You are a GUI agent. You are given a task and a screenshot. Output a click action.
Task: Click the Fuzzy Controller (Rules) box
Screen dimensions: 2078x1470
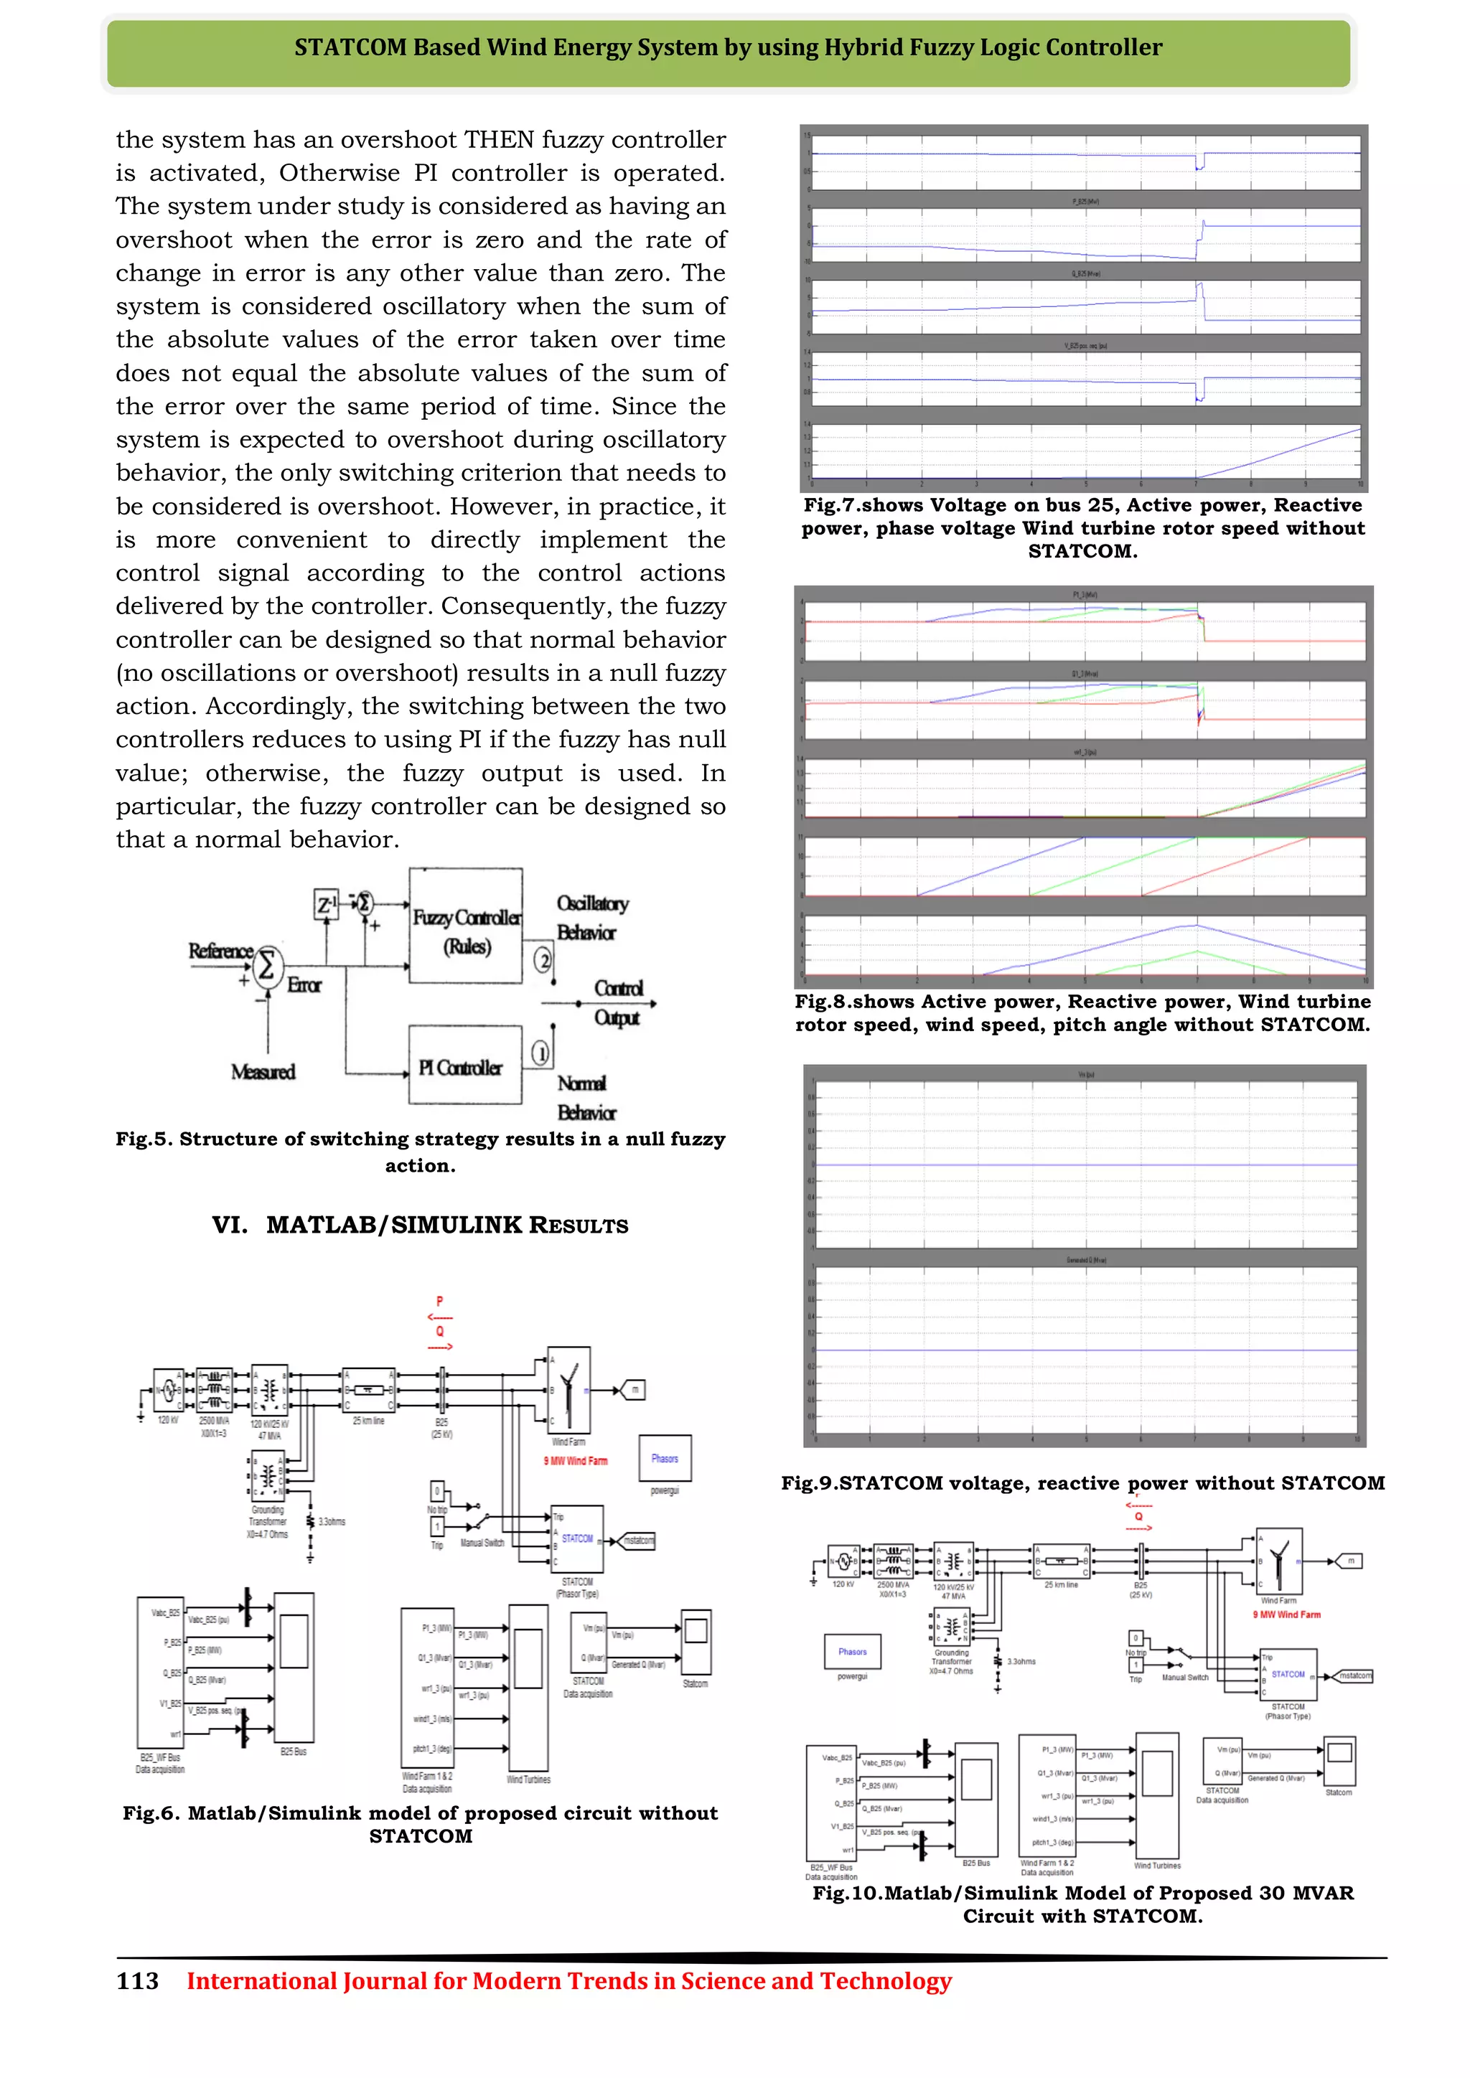(x=465, y=926)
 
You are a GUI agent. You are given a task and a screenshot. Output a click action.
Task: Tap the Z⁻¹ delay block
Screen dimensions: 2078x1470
(x=326, y=904)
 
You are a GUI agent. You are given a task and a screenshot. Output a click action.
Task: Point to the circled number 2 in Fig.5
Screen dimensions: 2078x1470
(x=542, y=959)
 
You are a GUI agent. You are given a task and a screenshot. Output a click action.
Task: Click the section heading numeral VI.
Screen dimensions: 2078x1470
(x=230, y=1226)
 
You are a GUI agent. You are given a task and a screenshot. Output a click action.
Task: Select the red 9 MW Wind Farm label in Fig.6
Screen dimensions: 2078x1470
(x=576, y=1461)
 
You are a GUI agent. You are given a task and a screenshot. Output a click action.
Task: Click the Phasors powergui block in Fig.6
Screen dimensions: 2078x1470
(x=665, y=1458)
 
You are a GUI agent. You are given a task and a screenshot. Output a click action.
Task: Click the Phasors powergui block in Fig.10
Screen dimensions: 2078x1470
(x=852, y=1652)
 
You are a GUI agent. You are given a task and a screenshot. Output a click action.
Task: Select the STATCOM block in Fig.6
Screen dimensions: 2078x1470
(x=576, y=1538)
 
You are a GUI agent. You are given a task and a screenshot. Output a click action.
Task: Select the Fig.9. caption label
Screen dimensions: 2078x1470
(x=807, y=1483)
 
